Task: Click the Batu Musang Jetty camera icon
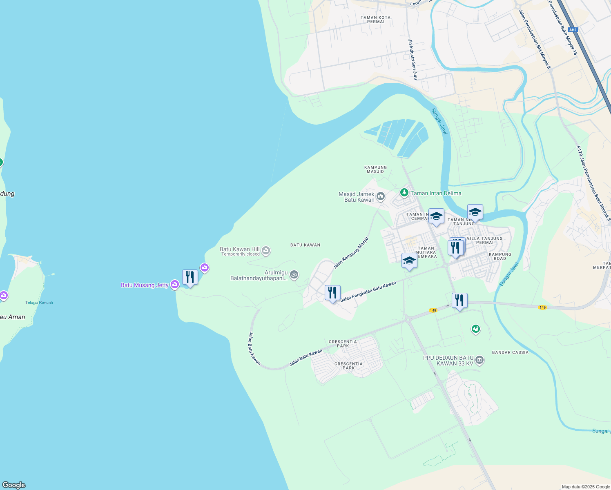[x=175, y=284]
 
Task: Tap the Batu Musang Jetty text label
[x=145, y=285]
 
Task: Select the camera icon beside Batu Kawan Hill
[x=266, y=250]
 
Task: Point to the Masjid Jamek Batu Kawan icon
[x=381, y=196]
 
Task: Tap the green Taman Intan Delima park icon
[x=404, y=192]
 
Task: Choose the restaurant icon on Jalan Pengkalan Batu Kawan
[x=332, y=293]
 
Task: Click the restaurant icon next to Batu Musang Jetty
[x=190, y=277]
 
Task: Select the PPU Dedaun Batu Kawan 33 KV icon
[x=479, y=360]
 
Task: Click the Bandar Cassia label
[x=510, y=352]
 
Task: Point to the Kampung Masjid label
[x=375, y=169]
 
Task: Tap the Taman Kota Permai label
[x=376, y=20]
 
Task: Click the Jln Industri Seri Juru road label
[x=413, y=59]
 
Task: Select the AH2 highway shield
[x=573, y=29]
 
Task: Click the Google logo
[x=14, y=485]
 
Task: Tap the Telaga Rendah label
[x=39, y=303]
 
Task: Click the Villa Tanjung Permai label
[x=484, y=241]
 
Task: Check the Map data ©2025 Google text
[x=586, y=487]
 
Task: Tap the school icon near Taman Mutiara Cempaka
[x=409, y=261]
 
